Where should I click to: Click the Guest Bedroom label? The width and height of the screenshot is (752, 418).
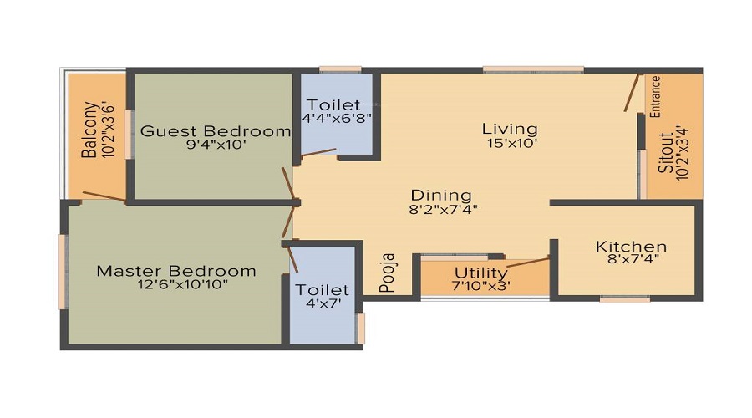coord(215,131)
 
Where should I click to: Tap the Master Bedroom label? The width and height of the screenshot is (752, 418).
coord(175,271)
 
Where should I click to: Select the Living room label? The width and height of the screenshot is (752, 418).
coord(510,129)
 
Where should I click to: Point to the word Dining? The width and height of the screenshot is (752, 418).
coord(441,196)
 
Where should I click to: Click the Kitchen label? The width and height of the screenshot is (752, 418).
coord(631,247)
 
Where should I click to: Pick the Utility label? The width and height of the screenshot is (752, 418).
coord(480,273)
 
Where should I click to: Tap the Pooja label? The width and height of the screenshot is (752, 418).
coord(387,273)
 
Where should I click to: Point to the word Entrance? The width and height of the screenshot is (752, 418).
coord(656,95)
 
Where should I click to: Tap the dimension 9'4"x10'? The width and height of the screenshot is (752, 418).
coord(215,145)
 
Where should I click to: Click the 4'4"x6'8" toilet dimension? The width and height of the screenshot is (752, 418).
coord(334,118)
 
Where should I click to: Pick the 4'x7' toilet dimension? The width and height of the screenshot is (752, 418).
coord(323,303)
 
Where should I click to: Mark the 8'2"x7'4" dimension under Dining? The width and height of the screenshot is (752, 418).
coord(443,210)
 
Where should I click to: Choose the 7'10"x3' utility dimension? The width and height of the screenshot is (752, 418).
coord(481,286)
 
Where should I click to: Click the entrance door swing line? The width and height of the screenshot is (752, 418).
coord(633,92)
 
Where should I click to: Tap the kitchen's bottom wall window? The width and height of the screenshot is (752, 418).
coord(625,298)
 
